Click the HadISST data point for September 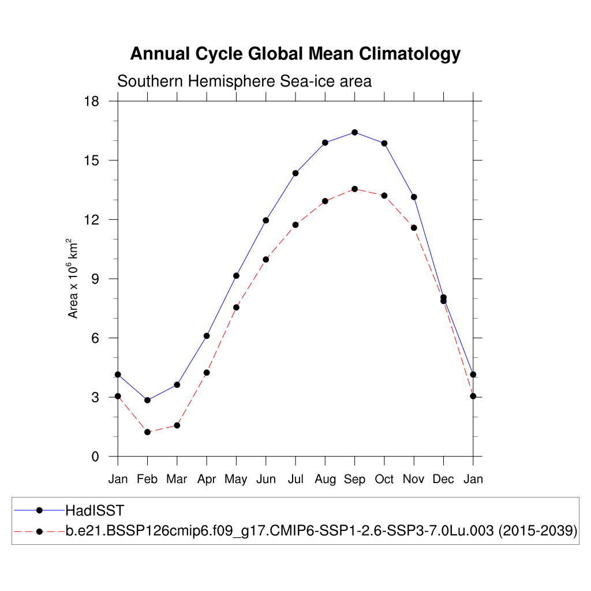pos(354,132)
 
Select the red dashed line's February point pos(148,432)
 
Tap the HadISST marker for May pos(236,275)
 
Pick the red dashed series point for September pos(354,189)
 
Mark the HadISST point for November pos(414,197)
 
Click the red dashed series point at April pos(207,372)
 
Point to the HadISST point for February pos(148,400)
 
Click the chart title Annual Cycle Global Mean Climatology pos(295,54)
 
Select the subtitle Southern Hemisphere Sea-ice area pos(244,81)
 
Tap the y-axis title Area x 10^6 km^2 pos(73,278)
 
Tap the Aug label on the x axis pos(325,479)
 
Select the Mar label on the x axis pos(177,479)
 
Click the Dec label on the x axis pos(443,479)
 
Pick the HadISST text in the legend pos(95,510)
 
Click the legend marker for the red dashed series pos(39,531)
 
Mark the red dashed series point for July pos(295,225)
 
